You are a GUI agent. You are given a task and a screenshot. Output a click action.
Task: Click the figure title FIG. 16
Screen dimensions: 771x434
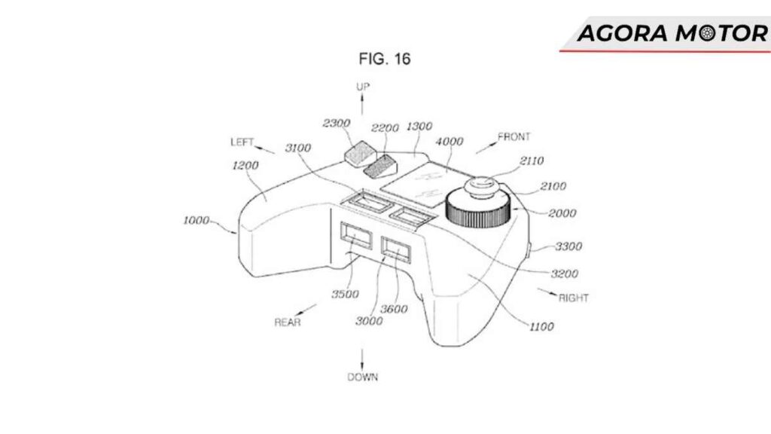tap(385, 59)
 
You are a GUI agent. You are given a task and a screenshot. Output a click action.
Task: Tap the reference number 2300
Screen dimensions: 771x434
tap(337, 123)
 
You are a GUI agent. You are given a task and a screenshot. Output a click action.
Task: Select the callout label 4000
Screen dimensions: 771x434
tap(449, 142)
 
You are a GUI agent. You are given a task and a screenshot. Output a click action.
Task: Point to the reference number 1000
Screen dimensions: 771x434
tap(197, 221)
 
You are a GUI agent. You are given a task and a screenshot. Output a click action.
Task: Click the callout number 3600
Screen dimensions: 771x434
tap(394, 309)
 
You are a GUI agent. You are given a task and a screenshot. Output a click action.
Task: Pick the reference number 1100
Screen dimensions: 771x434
tap(541, 326)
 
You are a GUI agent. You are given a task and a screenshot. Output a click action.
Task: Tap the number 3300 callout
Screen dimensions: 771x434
tap(568, 246)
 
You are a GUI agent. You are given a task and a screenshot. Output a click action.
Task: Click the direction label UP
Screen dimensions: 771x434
tap(363, 87)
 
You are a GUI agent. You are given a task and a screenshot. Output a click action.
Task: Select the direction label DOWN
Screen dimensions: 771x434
tap(363, 377)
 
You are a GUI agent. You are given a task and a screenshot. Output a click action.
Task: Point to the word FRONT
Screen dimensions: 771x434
tap(514, 137)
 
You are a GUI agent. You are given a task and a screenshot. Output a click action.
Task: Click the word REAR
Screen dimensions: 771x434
tap(288, 322)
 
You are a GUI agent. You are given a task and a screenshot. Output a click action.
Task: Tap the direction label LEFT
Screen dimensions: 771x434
tap(242, 142)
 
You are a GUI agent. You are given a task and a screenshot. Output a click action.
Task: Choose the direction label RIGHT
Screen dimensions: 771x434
tap(573, 298)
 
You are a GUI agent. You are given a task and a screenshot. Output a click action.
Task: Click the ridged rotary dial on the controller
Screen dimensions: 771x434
tap(478, 209)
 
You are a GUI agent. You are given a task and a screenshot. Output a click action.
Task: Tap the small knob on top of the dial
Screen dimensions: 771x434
tap(482, 188)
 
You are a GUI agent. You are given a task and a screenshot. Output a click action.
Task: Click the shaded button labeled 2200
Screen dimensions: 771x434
tap(380, 167)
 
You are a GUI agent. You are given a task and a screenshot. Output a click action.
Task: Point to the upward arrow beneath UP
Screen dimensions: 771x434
tap(362, 104)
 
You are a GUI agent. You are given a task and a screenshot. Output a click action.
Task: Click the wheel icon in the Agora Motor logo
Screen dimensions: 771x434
tap(707, 33)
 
